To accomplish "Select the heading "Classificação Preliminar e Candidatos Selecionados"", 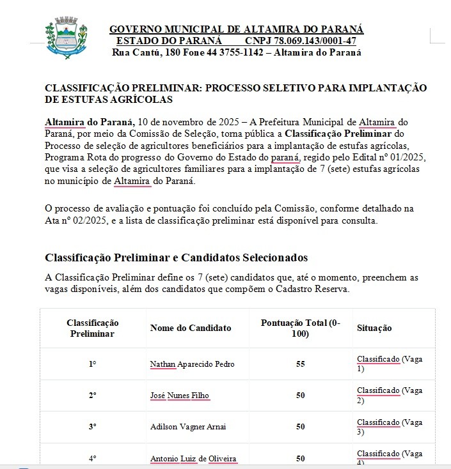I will point(176,258).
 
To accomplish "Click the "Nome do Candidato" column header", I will point(191,328).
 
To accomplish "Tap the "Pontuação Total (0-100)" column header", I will point(300,328).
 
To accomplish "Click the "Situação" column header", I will point(374,328).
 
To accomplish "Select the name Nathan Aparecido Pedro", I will point(192,364).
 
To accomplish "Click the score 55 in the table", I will point(300,364).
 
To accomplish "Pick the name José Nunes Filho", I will point(180,396).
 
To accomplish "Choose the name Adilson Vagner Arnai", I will point(187,427).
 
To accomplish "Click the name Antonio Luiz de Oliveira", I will point(193,458).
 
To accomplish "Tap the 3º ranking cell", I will point(93,427).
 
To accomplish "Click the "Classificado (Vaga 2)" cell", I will point(390,396).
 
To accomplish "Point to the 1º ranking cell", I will point(93,364).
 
